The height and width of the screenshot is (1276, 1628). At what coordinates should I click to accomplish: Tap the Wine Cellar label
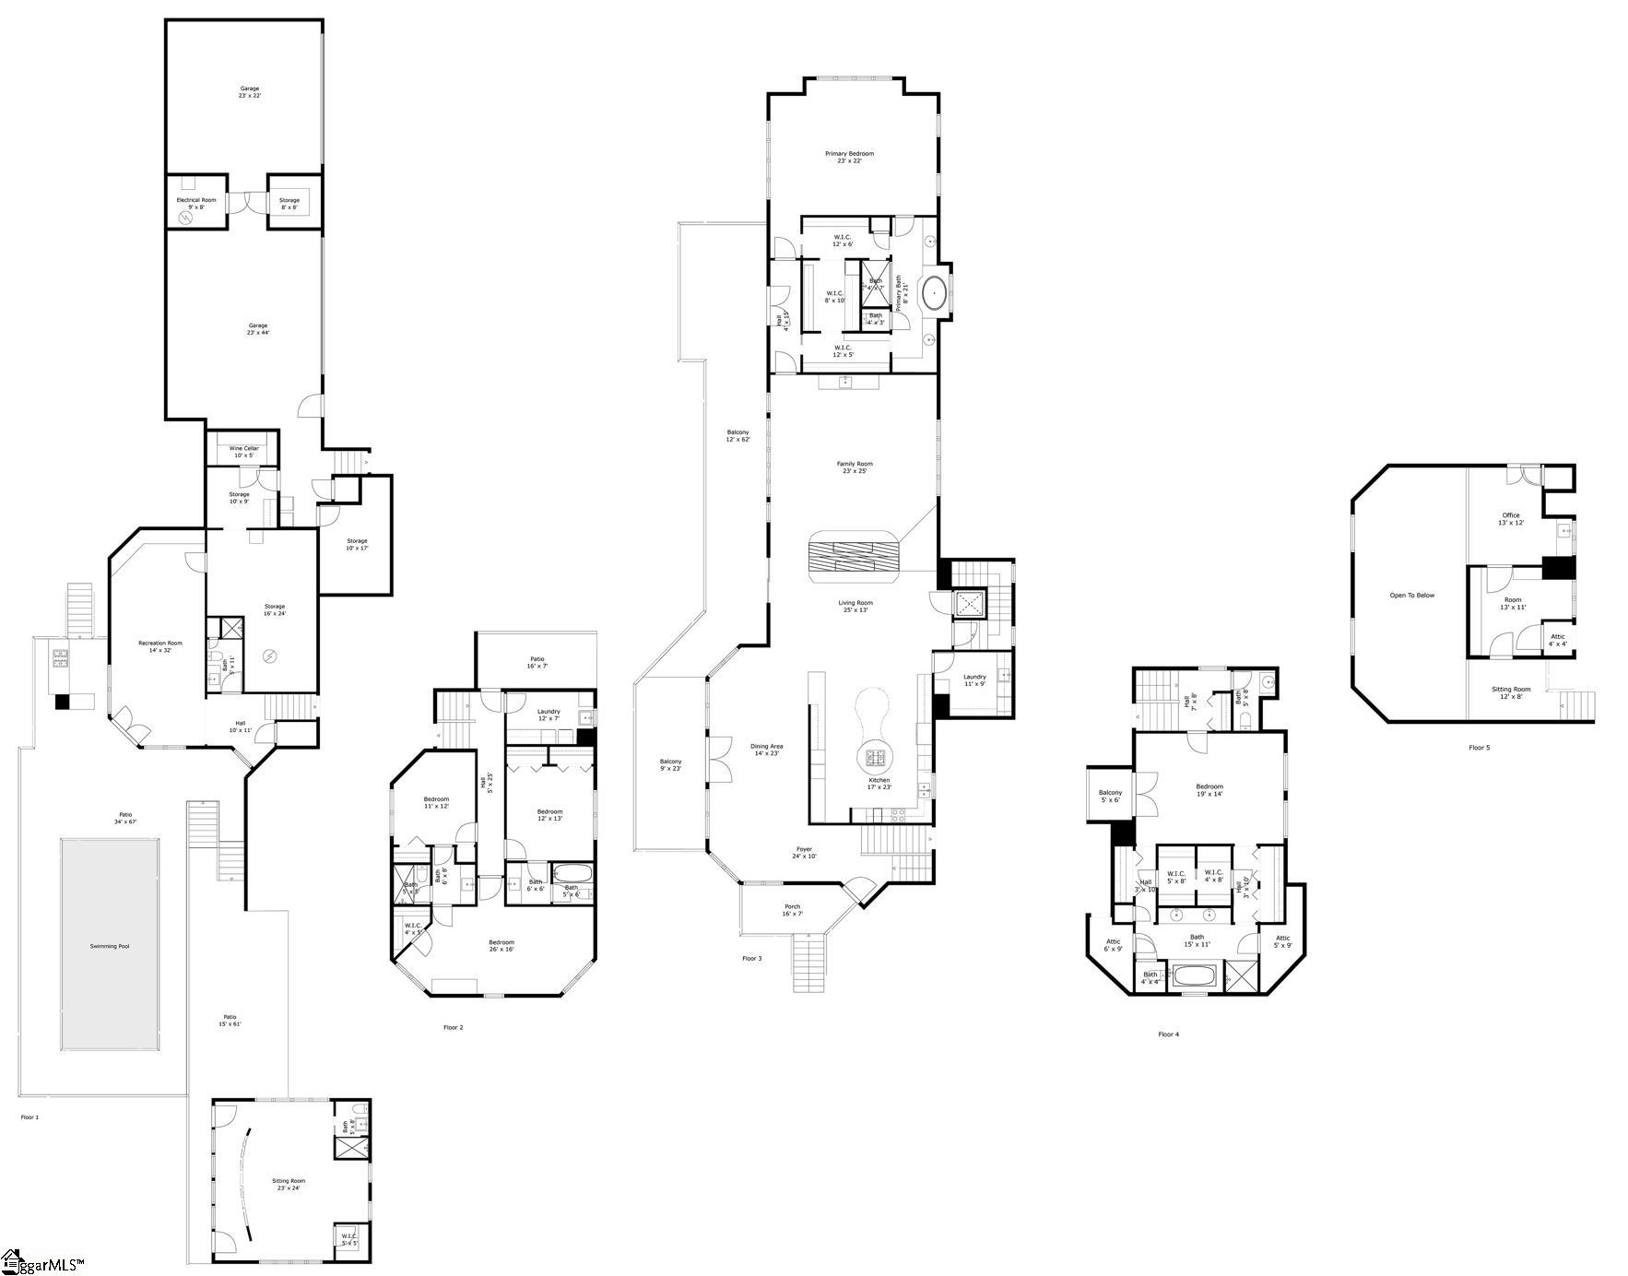coord(244,449)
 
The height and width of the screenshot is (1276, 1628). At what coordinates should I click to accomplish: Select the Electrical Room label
coord(196,200)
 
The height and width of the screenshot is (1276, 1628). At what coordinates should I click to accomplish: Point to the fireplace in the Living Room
coord(854,557)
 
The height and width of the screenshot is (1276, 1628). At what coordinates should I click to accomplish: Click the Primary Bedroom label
coord(849,154)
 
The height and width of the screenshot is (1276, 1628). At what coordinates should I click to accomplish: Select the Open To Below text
coord(1411,596)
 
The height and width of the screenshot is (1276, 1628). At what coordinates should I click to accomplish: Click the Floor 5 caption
coord(1479,748)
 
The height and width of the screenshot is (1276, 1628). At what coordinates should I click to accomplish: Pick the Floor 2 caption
coord(453,1027)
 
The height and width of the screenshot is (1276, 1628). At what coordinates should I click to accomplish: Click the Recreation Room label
coord(160,644)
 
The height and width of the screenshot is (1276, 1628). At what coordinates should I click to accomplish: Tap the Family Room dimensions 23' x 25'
coord(854,471)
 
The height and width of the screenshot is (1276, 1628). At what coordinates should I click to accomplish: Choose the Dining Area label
coord(766,747)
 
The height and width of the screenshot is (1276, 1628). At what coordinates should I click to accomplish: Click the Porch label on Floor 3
coord(792,907)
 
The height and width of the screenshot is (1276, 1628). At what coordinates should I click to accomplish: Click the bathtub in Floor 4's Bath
coord(1195,976)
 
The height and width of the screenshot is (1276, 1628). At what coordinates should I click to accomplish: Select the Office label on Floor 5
coord(1510,515)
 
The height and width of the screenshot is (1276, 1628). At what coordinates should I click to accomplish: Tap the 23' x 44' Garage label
coord(257,325)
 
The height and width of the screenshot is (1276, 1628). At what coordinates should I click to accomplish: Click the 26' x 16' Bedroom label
coord(501,942)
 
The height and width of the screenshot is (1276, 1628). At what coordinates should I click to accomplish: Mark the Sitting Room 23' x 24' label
coord(288,1181)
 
